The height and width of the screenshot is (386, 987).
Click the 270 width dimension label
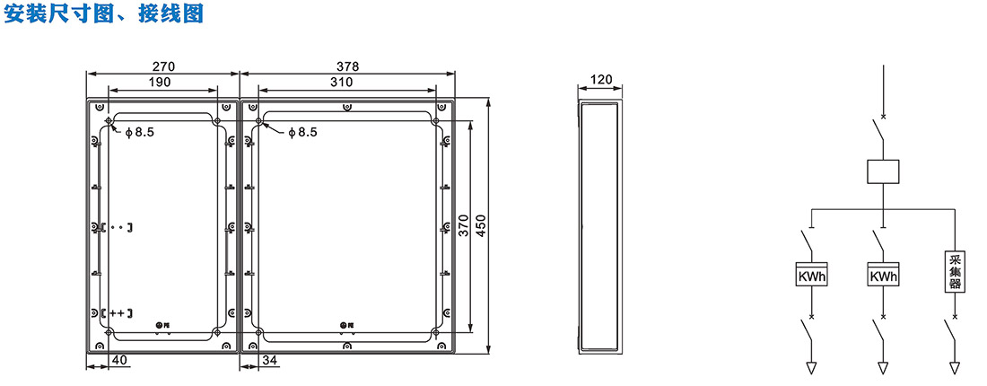tap(163, 66)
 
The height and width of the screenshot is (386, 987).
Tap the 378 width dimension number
tap(347, 66)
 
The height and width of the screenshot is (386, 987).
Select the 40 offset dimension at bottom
tap(118, 360)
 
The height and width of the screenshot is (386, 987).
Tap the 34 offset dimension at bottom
tap(269, 360)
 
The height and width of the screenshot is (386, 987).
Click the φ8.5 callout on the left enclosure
tap(139, 132)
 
